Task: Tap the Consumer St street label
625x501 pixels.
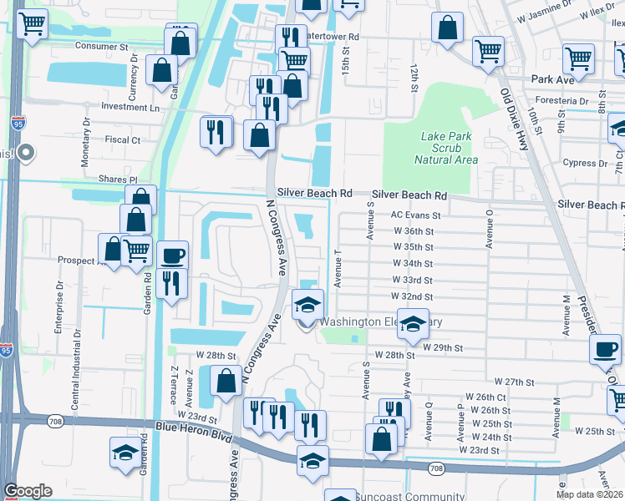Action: pos(100,47)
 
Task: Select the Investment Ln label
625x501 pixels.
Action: pos(130,108)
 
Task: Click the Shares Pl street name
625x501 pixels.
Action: pos(118,179)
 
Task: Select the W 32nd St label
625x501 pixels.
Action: pos(412,296)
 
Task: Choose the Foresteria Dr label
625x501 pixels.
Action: pos(562,101)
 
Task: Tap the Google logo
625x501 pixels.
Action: pos(28,491)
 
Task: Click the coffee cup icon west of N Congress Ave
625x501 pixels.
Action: pos(173,256)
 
